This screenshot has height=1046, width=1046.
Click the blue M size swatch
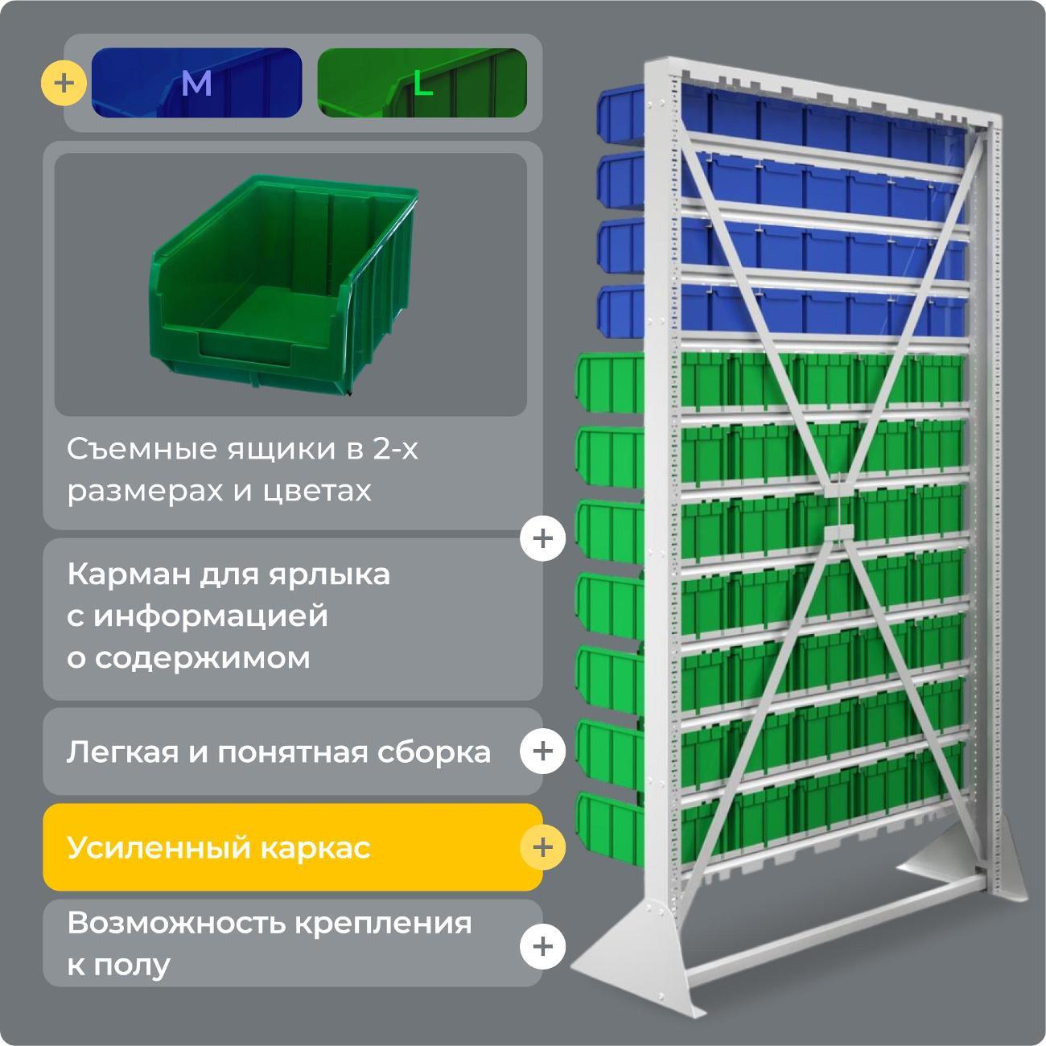click(196, 83)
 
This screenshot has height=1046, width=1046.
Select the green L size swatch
click(422, 83)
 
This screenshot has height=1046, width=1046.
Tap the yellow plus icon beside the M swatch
click(64, 83)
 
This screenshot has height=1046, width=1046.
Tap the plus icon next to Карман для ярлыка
click(542, 537)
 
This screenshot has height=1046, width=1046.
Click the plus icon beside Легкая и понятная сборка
click(542, 751)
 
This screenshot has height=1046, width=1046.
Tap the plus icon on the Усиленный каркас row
click(542, 847)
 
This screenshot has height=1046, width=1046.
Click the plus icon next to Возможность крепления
click(542, 945)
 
